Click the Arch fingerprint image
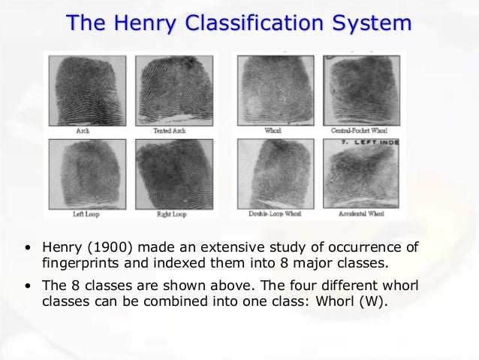(x=82, y=90)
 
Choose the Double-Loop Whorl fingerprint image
(x=274, y=174)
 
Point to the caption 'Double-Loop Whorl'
(x=274, y=214)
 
